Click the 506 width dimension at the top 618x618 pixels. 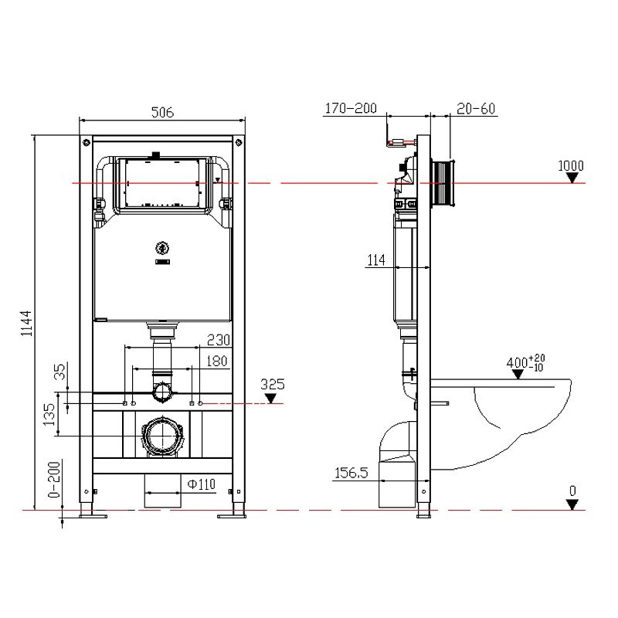[x=162, y=112]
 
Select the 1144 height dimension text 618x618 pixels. [x=25, y=322]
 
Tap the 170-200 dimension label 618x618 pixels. [x=350, y=109]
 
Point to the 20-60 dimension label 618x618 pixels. [x=475, y=109]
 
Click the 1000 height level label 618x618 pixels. [x=571, y=165]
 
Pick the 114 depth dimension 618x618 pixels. [x=376, y=261]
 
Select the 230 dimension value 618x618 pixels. [x=217, y=339]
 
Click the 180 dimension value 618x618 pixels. [x=217, y=360]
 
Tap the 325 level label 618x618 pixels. [x=273, y=383]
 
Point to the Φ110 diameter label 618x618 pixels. [x=200, y=484]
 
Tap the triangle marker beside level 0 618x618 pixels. [x=571, y=504]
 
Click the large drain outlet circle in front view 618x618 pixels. [x=161, y=437]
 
